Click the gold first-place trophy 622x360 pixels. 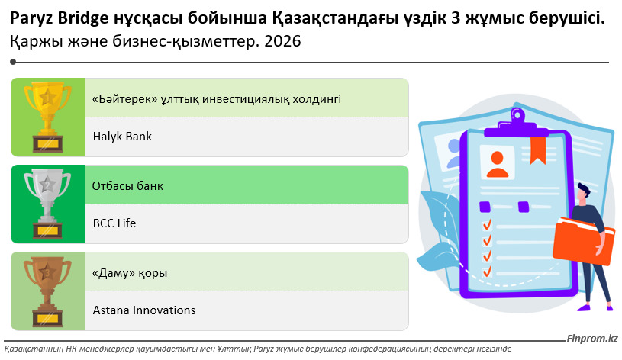(x=47, y=117)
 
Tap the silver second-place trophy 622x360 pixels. (x=47, y=204)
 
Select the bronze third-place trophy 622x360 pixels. (x=47, y=291)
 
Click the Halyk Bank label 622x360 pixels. (x=122, y=137)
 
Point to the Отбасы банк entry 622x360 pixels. (x=127, y=186)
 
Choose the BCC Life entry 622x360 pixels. (x=114, y=223)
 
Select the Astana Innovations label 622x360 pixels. (x=144, y=310)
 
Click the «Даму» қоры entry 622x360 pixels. (x=129, y=273)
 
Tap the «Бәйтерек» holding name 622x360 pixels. (x=217, y=99)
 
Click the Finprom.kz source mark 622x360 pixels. (x=592, y=338)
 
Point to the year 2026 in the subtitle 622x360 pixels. (x=282, y=41)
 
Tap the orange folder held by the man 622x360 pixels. (x=583, y=241)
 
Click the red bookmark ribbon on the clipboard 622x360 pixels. (x=538, y=150)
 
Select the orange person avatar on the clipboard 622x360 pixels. (x=498, y=164)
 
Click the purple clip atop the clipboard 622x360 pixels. (x=517, y=123)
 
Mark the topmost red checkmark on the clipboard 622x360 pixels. (x=487, y=225)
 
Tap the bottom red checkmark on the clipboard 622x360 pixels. (x=487, y=272)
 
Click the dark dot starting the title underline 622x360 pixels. (x=13, y=62)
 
